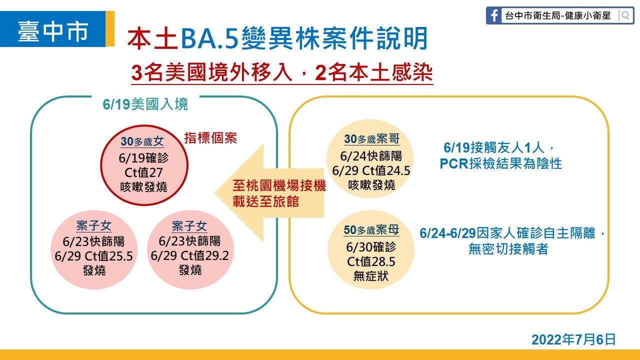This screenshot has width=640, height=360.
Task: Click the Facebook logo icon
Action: (x=493, y=15)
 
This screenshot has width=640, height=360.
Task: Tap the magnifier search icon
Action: (x=625, y=15)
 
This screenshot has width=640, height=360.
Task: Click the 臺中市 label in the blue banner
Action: (x=53, y=31)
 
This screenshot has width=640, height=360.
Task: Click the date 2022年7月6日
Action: (x=573, y=339)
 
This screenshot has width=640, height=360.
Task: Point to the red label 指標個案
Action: (x=210, y=137)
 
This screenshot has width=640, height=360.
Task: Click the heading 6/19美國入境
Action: (x=145, y=104)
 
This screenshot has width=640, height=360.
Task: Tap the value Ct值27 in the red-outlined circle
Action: (x=143, y=172)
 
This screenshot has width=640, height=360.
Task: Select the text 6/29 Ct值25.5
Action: (x=93, y=256)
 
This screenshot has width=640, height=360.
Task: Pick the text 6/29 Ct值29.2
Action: (x=189, y=255)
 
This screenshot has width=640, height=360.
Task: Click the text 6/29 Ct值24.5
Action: (x=371, y=170)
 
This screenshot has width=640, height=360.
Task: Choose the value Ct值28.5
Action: (x=371, y=261)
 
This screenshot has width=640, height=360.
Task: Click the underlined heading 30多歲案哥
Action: (x=371, y=139)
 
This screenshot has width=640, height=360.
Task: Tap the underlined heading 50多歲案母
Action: (x=371, y=230)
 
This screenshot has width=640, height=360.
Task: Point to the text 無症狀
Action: (x=371, y=276)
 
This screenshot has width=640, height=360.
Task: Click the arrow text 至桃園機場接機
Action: (x=279, y=185)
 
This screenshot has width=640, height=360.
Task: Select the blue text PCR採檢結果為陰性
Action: (x=500, y=163)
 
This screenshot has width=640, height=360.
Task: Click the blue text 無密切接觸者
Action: (x=508, y=249)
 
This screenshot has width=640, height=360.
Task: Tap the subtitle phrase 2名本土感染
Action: (x=374, y=73)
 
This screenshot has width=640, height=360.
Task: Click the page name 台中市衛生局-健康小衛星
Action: (x=557, y=15)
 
